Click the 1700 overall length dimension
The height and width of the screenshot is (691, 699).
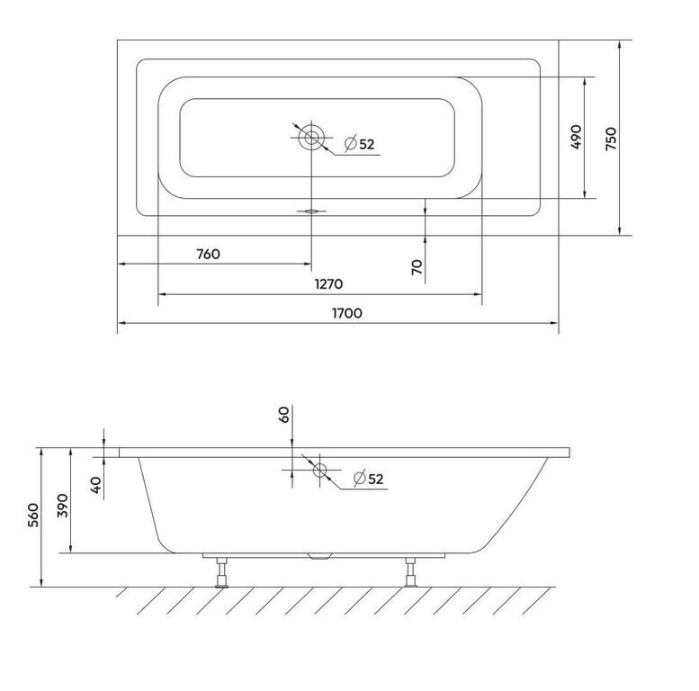[x=347, y=313]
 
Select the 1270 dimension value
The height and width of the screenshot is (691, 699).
[x=329, y=284]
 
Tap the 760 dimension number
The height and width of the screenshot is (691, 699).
[x=208, y=254]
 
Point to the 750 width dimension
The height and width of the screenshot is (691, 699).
[x=611, y=139]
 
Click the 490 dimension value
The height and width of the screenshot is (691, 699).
[x=576, y=137]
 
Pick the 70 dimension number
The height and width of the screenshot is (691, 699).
[x=417, y=267]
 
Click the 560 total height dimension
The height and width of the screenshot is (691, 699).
[x=34, y=515]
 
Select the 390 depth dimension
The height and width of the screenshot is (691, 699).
[x=63, y=505]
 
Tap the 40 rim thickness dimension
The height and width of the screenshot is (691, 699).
[x=96, y=485]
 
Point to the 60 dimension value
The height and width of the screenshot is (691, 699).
[x=284, y=414]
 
